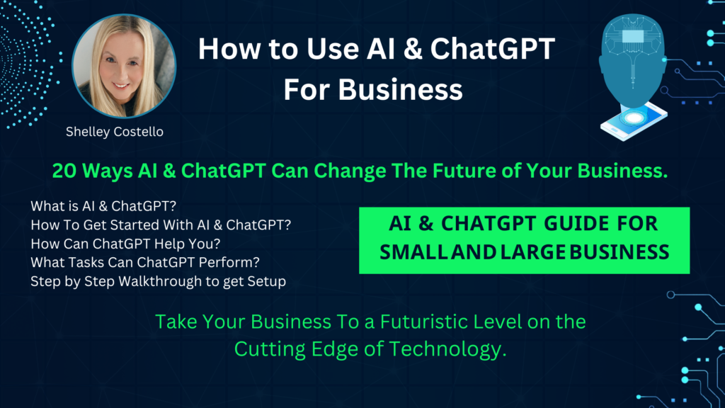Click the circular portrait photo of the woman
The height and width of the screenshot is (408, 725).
(124, 66)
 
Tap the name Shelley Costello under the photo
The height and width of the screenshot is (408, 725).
(115, 132)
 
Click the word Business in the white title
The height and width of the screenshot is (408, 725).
(400, 89)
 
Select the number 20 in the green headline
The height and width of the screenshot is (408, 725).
(64, 171)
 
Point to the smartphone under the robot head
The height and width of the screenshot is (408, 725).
(634, 120)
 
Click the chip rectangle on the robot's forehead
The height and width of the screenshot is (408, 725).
(633, 37)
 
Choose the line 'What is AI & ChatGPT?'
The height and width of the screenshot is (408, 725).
(103, 206)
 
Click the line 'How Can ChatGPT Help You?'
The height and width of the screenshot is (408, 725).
(125, 244)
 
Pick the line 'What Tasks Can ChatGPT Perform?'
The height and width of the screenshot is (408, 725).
(144, 262)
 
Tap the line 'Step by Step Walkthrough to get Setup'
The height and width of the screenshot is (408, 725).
(158, 281)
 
